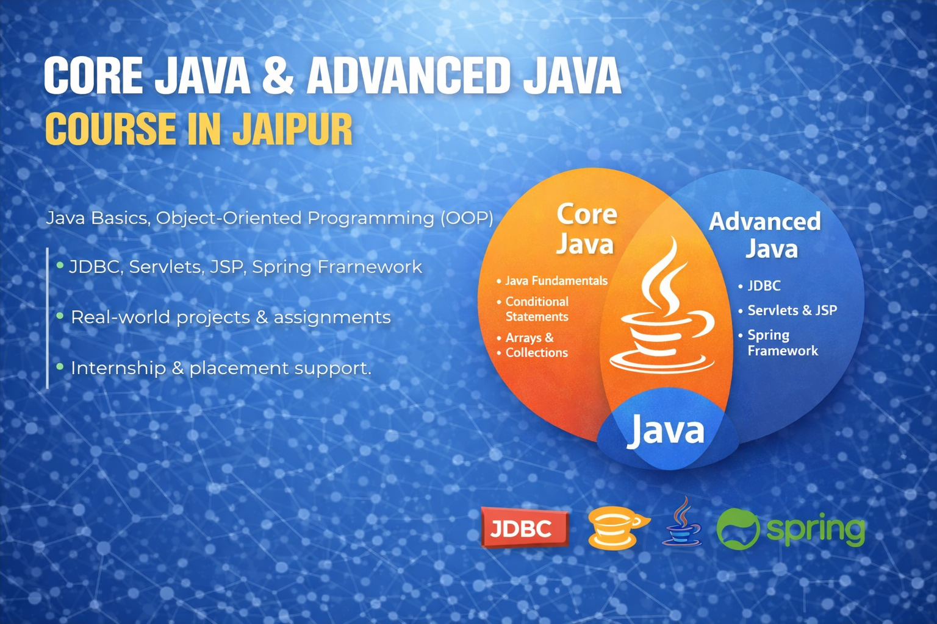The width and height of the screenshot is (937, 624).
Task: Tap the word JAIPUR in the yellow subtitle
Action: tap(292, 129)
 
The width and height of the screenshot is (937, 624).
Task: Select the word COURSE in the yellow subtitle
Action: tap(110, 129)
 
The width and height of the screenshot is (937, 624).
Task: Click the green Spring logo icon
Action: tap(738, 529)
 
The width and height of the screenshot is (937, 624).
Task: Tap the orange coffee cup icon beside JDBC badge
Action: tap(616, 528)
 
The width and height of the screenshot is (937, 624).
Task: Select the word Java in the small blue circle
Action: tap(666, 430)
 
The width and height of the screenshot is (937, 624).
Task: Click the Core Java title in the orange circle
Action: tap(586, 229)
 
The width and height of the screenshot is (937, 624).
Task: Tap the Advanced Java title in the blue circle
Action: tap(766, 235)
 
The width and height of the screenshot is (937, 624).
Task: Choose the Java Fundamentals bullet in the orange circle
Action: tap(556, 281)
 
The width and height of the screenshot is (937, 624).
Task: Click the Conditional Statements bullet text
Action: tap(537, 309)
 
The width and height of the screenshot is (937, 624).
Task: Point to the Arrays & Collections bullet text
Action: tap(536, 345)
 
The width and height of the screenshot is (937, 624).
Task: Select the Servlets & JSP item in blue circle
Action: tap(792, 310)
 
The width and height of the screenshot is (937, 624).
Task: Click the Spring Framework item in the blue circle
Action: tap(782, 342)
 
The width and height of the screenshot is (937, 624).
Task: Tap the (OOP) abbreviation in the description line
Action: tap(467, 218)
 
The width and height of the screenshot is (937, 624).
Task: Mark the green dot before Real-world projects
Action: tap(60, 316)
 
